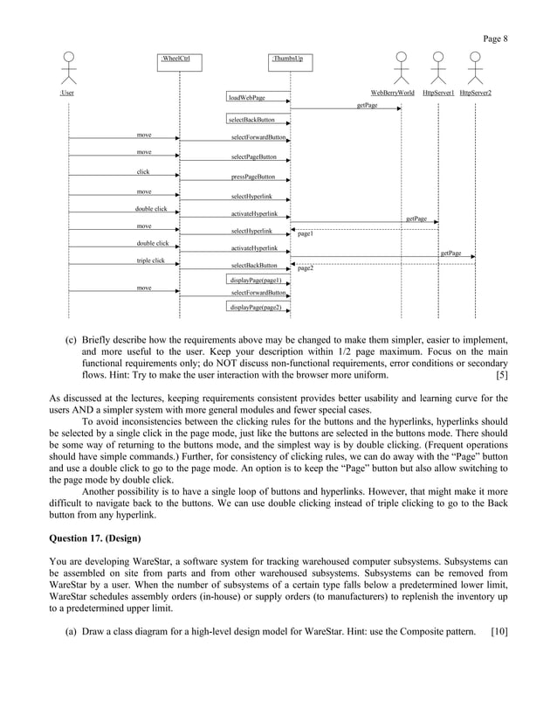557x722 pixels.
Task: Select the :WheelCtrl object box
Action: pyautogui.click(x=179, y=59)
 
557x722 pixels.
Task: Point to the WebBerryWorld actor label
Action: pyautogui.click(x=393, y=92)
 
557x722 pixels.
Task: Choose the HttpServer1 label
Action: pyautogui.click(x=438, y=92)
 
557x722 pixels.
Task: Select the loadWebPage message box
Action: pyautogui.click(x=247, y=98)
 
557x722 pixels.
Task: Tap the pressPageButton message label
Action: pyautogui.click(x=253, y=177)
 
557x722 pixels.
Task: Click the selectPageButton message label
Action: pyautogui.click(x=254, y=157)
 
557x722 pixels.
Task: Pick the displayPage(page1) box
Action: pyautogui.click(x=255, y=280)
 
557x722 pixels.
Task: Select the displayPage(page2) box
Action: pyautogui.click(x=255, y=308)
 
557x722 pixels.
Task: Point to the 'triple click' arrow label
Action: pyautogui.click(x=150, y=260)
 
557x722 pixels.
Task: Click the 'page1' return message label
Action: pyautogui.click(x=306, y=235)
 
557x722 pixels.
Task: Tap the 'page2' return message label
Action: pyautogui.click(x=306, y=269)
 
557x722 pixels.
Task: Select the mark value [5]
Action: pyautogui.click(x=501, y=376)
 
